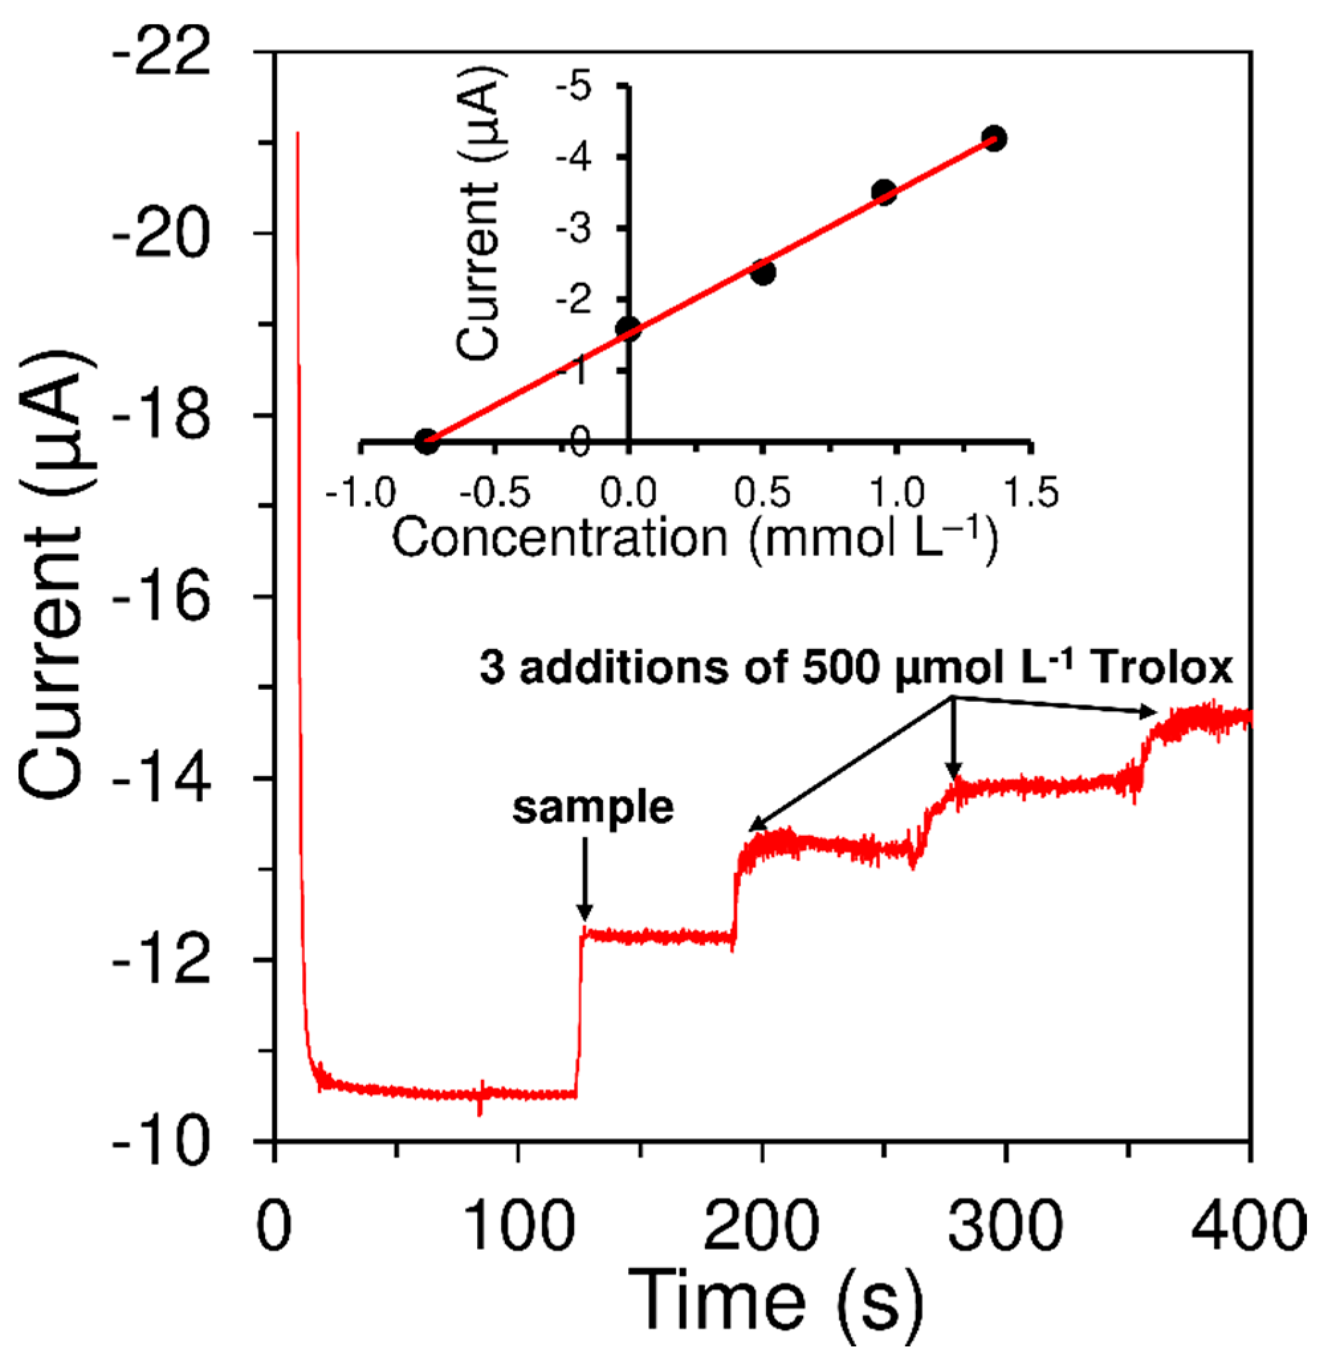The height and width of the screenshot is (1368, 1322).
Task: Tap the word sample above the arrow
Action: [x=593, y=807]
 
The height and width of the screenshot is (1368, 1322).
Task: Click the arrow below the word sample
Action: [x=585, y=880]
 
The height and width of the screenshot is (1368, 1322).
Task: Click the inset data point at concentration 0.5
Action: [x=763, y=272]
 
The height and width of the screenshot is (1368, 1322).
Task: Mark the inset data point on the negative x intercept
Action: [x=426, y=441]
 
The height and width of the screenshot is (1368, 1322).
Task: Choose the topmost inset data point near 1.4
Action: [x=994, y=139]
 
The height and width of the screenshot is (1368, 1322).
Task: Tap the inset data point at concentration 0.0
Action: [x=628, y=328]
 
